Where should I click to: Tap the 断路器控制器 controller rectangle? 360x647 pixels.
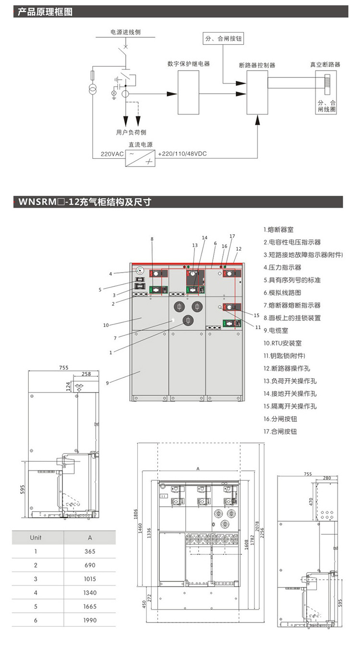[257, 93]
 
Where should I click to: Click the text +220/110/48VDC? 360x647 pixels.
[182, 154]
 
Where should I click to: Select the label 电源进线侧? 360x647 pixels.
[126, 32]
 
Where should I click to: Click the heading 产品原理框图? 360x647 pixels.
[45, 12]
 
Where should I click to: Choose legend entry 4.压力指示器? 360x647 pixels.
[282, 267]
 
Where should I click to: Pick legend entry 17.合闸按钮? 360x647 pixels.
[280, 431]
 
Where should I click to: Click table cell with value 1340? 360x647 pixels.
[90, 593]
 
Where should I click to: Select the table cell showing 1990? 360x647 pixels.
[90, 620]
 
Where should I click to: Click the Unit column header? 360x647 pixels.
[36, 538]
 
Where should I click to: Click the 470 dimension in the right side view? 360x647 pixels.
[311, 502]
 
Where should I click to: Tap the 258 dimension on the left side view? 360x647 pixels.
[86, 373]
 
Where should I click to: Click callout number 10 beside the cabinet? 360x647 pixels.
[106, 325]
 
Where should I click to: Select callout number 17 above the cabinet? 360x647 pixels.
[232, 236]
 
